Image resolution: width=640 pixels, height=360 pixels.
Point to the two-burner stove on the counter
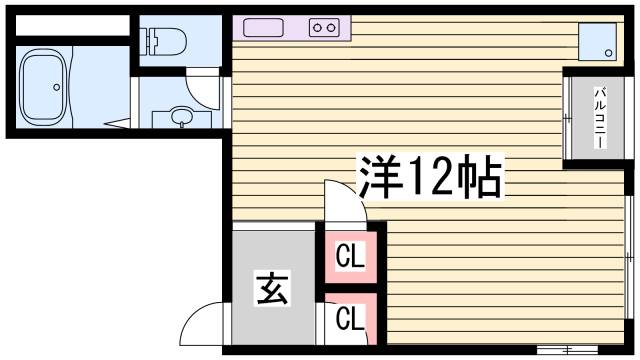323,28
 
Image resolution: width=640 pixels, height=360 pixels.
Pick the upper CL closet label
350,258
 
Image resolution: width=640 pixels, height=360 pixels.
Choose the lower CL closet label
350,319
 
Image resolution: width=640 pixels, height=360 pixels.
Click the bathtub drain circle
57,87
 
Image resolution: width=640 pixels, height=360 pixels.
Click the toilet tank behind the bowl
152,41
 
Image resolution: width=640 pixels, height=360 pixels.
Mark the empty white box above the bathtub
69,26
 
